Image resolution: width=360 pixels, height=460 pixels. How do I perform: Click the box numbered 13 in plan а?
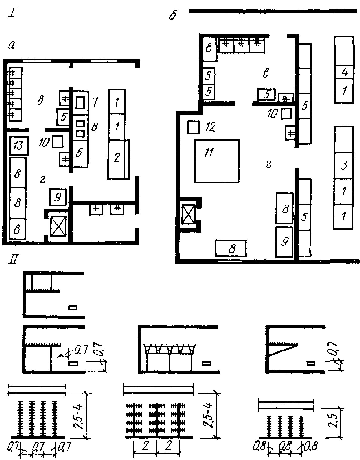click(x=19, y=145)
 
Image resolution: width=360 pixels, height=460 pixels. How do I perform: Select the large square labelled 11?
click(x=217, y=161)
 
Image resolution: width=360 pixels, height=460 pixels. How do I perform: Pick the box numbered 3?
click(x=344, y=165)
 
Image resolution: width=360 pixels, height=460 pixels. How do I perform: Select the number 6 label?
click(x=94, y=127)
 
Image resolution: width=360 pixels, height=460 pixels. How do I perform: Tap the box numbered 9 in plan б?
click(x=284, y=241)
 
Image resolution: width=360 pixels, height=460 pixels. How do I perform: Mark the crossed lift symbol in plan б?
click(x=188, y=214)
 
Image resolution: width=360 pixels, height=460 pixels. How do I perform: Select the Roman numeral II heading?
click(x=13, y=260)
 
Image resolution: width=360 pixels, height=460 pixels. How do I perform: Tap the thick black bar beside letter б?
click(x=273, y=11)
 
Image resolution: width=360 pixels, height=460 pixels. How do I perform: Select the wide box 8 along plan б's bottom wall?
click(x=231, y=248)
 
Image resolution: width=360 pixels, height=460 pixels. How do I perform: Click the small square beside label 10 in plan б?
click(x=286, y=114)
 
